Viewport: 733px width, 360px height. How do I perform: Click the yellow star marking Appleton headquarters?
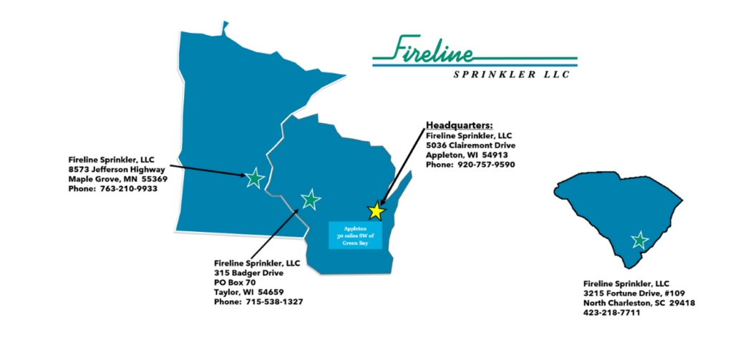click(376, 210)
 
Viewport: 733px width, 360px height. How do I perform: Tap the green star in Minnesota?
click(254, 179)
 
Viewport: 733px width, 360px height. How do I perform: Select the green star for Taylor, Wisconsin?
click(310, 200)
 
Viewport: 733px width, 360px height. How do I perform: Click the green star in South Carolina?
click(639, 240)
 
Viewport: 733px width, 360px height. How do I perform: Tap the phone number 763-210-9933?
click(130, 189)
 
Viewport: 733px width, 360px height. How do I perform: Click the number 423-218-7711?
click(612, 313)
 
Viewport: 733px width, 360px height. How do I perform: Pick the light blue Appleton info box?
click(355, 235)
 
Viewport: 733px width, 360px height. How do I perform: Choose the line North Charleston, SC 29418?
click(639, 303)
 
